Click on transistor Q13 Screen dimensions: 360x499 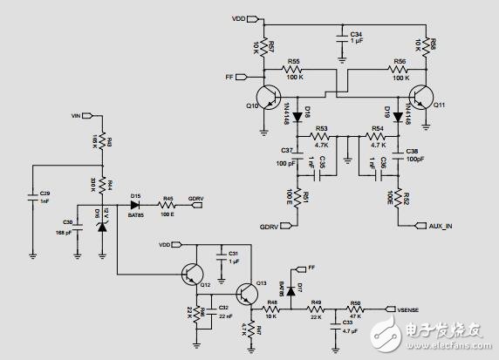[x=245, y=290]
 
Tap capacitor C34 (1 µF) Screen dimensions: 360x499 [x=340, y=37]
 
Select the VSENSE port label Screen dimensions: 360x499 [x=408, y=308]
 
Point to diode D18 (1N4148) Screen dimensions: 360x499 [x=298, y=116]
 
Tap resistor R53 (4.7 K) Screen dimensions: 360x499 [x=321, y=136]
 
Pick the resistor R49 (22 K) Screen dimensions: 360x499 [x=316, y=308]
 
